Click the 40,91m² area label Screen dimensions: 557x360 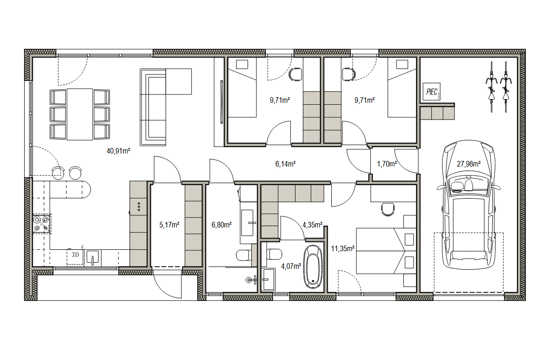click(x=118, y=151)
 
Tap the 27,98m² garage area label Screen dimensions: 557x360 click(x=469, y=164)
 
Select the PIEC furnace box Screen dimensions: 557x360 click(x=432, y=92)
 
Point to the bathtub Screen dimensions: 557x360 click(x=313, y=266)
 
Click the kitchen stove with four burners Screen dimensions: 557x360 click(x=41, y=224)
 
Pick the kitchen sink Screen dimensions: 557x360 click(x=93, y=258)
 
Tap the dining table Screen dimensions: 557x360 click(x=80, y=114)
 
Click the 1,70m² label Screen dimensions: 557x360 click(x=387, y=164)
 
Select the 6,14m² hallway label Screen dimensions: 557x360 click(x=285, y=164)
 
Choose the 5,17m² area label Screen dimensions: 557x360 click(x=169, y=225)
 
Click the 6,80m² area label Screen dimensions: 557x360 click(x=221, y=225)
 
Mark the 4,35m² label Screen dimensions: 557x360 click(x=312, y=225)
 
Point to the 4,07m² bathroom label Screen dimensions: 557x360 click(x=291, y=266)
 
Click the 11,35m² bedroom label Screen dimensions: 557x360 click(x=342, y=248)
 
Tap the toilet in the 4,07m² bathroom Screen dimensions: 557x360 click(x=274, y=254)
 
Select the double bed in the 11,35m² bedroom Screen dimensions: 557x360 click(x=386, y=251)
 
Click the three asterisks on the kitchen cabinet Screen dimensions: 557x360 click(x=139, y=207)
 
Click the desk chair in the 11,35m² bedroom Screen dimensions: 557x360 click(x=388, y=209)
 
